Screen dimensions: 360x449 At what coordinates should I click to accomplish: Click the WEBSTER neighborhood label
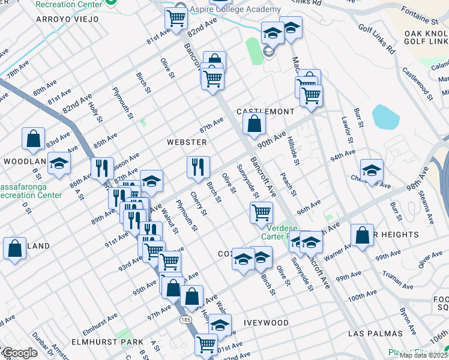187,142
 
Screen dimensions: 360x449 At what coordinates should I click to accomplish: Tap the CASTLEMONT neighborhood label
265,112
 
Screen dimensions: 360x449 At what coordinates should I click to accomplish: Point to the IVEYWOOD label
266,323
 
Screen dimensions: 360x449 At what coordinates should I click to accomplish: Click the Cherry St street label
198,205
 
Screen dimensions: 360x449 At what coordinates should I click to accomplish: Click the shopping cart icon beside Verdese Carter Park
261,212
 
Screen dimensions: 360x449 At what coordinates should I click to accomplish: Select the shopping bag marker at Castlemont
255,124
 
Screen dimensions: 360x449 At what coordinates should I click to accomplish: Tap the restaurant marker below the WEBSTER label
198,167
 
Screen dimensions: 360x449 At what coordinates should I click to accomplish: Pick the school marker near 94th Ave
372,170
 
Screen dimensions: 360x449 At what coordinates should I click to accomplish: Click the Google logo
19,353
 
